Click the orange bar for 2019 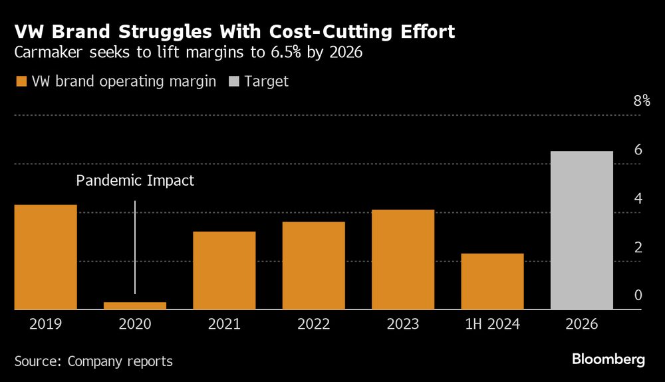coord(45,257)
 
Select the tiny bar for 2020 coord(135,306)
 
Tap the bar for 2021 coord(224,270)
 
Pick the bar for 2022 coord(314,266)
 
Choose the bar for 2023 coord(403,260)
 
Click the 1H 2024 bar coord(493,282)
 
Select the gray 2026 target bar coord(582,230)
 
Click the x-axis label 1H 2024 coord(493,325)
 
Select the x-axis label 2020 coord(135,325)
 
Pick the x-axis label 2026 coord(582,325)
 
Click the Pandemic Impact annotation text coord(135,180)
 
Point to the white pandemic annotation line coord(135,246)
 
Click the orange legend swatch coord(21,82)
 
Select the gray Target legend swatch coord(233,82)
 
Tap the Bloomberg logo coord(608,359)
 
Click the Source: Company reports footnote coord(93,361)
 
